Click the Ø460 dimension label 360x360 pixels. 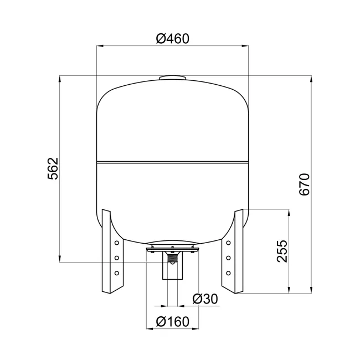coord(173,39)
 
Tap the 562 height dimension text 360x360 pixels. coord(53,168)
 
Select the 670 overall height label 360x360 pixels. coord(305,184)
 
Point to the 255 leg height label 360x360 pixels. coord(282,251)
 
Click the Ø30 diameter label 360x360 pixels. coord(205,299)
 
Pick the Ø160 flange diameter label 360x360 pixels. coord(173,321)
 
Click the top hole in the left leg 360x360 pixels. coord(117,243)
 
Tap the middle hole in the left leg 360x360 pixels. coord(117,258)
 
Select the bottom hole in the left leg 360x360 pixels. coord(117,273)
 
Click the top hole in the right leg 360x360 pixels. coord(228,243)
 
